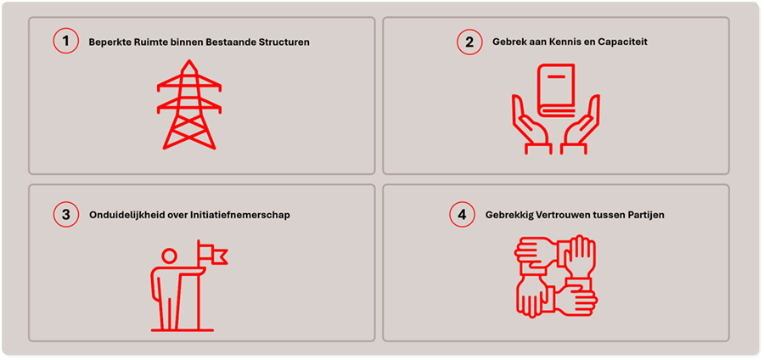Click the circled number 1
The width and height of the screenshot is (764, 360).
coord(65,41)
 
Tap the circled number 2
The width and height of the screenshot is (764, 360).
coord(469,42)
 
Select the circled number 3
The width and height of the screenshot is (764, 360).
coord(65,214)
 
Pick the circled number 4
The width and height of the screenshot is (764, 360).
coord(463,214)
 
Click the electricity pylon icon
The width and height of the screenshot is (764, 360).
coord(189,104)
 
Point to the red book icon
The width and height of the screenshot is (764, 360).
coord(556,91)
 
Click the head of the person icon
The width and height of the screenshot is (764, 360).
coord(169,256)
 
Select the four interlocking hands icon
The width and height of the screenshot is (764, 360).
coord(556,276)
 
